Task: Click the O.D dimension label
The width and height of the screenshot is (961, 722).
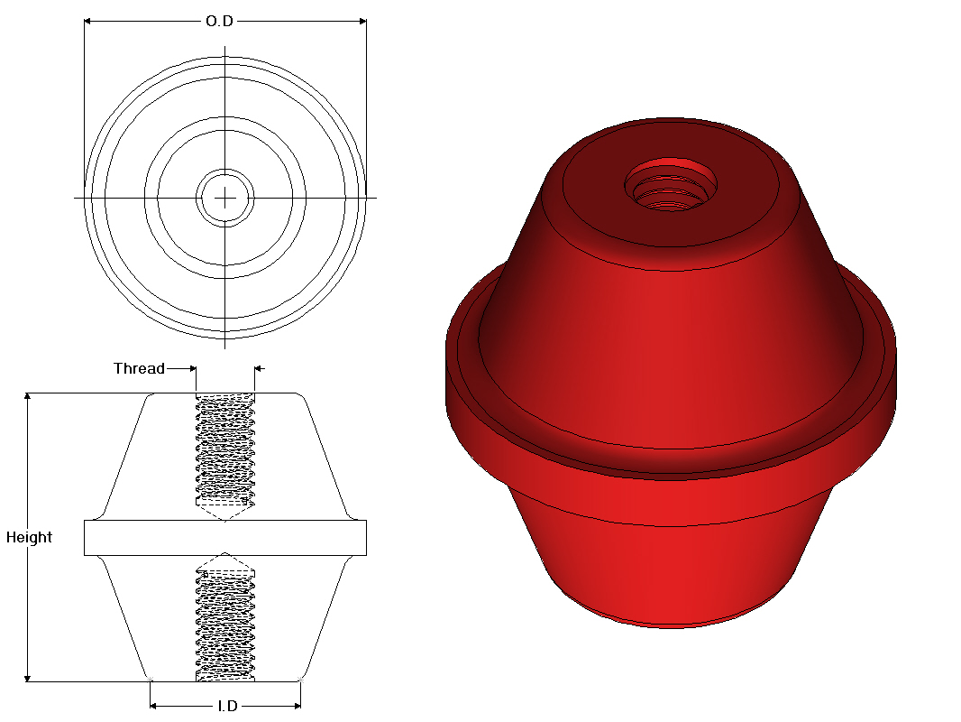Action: (219, 21)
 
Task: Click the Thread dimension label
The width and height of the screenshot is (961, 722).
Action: (139, 368)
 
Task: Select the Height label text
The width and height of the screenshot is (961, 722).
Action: (29, 537)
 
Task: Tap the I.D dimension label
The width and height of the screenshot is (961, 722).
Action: (227, 706)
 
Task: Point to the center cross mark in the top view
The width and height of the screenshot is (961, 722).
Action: (224, 197)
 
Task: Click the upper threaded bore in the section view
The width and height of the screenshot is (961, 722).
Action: (224, 447)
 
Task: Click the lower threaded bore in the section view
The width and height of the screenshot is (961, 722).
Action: (224, 623)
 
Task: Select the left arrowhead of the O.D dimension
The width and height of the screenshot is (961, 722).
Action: (88, 21)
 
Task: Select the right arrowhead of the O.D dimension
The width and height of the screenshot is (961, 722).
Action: (362, 21)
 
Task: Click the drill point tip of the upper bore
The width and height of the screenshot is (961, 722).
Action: (224, 518)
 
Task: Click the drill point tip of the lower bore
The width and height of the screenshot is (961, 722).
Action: (224, 554)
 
